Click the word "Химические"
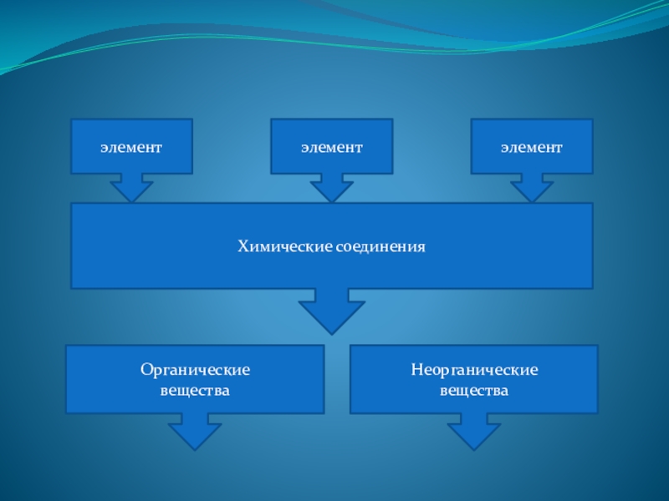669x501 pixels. (x=285, y=247)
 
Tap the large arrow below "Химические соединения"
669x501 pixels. (x=331, y=313)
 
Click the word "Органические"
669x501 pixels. (x=195, y=369)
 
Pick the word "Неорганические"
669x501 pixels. (x=474, y=369)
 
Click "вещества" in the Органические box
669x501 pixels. (x=195, y=390)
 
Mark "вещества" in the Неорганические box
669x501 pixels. (x=474, y=390)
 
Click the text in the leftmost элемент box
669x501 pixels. (x=131, y=147)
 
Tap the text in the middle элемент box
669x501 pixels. (x=331, y=147)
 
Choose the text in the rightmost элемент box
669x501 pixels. (x=532, y=147)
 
